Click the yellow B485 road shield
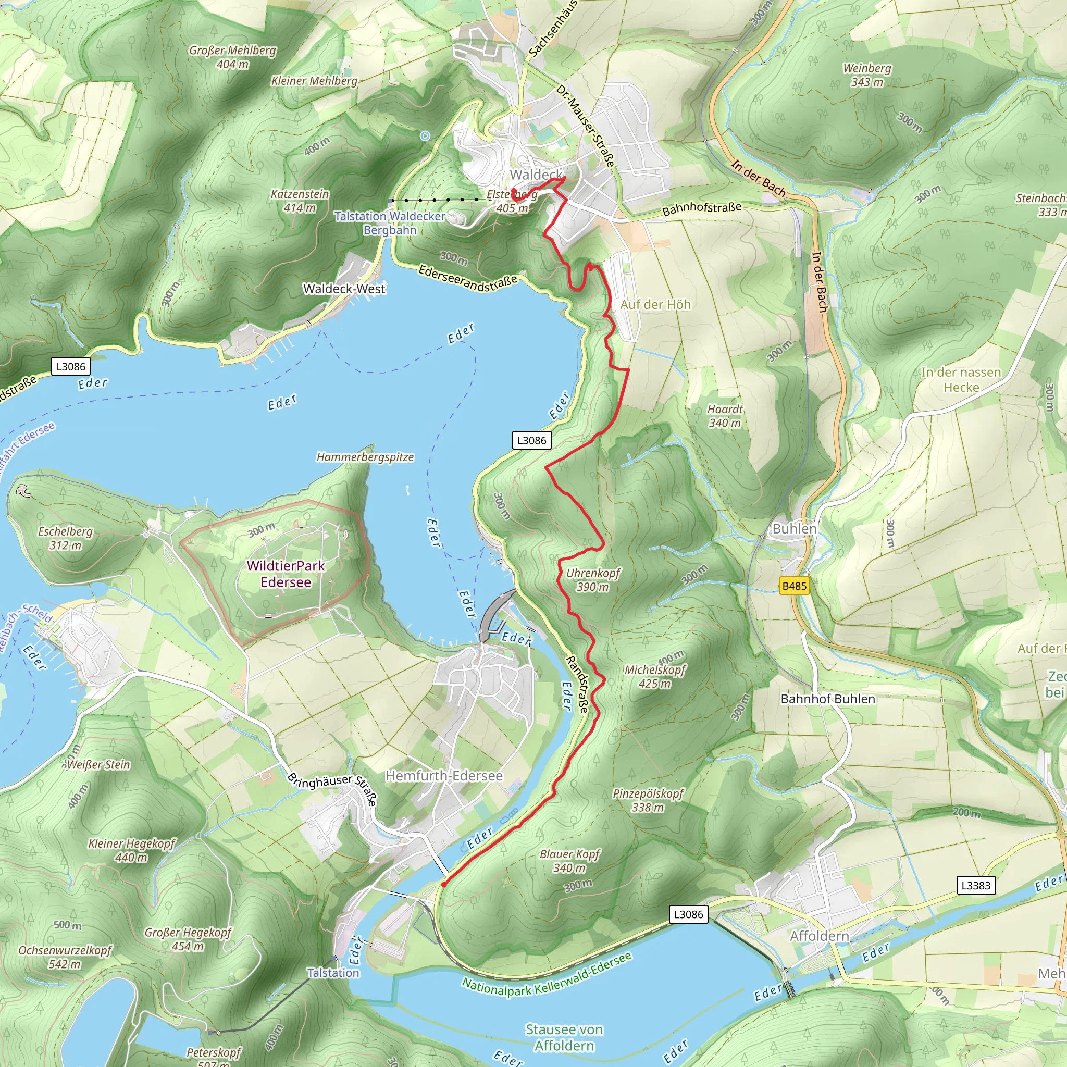click(794, 586)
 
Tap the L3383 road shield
click(976, 885)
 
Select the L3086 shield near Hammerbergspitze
click(531, 440)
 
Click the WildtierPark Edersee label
click(286, 574)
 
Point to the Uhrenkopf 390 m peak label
click(592, 580)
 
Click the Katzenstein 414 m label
click(300, 201)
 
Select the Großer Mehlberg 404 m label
click(232, 57)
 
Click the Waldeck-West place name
click(344, 289)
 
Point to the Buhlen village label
click(794, 528)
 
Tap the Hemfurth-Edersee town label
click(444, 776)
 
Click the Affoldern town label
click(820, 936)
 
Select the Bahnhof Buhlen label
click(828, 699)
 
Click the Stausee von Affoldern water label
click(564, 1037)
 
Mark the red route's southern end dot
click(443, 885)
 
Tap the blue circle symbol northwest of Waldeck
click(425, 136)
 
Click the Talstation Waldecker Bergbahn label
click(390, 222)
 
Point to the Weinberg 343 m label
click(867, 75)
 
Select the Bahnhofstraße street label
click(701, 209)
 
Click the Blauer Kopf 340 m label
click(569, 861)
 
